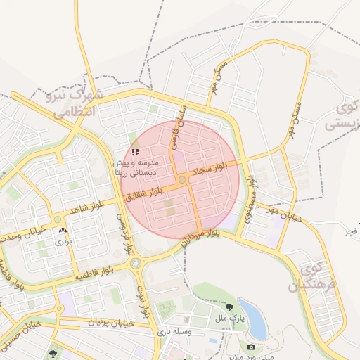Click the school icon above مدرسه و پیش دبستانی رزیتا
coord(135,152)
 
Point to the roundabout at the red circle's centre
coord(181,180)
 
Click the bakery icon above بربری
coord(64,230)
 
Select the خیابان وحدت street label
coord(22,233)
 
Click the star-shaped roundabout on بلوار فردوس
coord(136,263)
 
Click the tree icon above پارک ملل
coord(229,307)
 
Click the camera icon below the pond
coord(251,346)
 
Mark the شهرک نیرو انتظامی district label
coord(74,102)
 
